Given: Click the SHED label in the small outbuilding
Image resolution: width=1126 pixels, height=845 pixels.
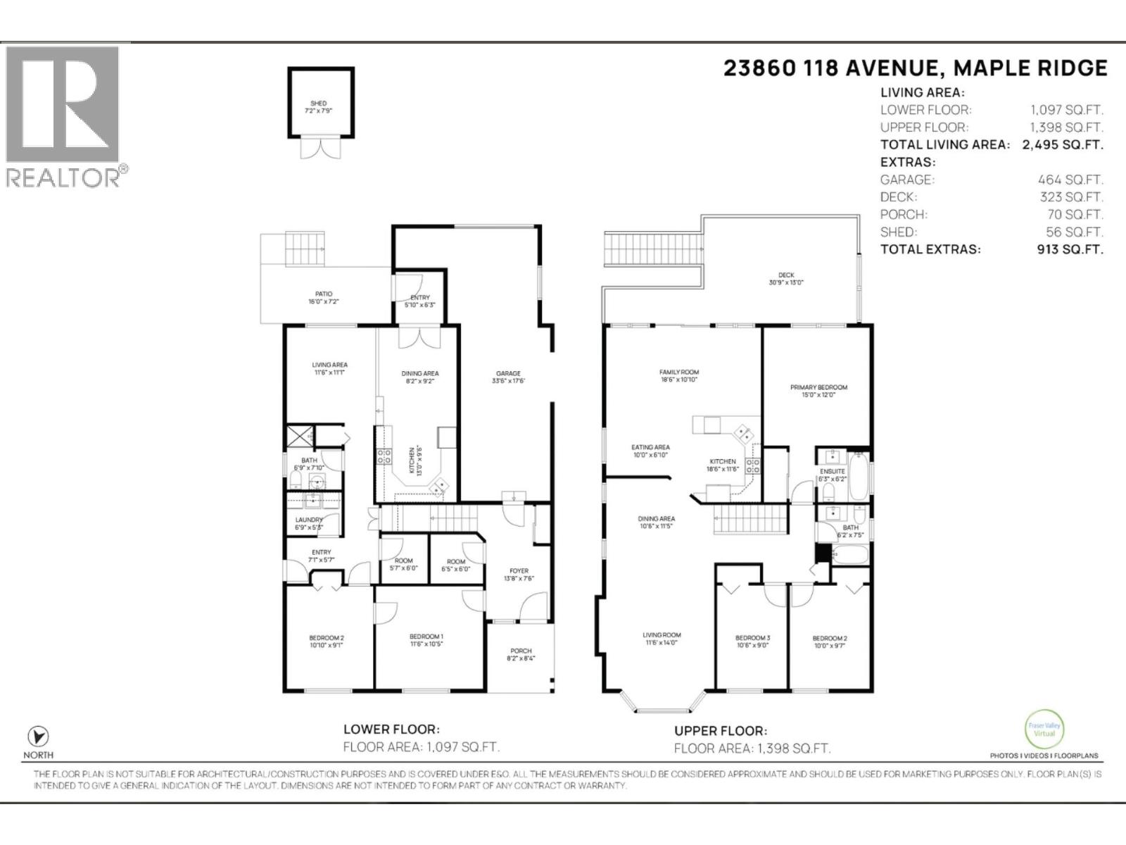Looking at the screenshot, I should tap(318, 104).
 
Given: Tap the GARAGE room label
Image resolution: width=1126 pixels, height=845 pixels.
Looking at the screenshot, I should tap(509, 374).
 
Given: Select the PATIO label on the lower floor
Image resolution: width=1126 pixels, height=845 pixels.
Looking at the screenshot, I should tap(324, 294).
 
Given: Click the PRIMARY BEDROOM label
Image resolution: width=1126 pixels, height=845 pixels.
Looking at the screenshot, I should tap(818, 387).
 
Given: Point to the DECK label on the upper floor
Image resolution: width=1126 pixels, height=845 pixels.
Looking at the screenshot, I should tap(786, 275).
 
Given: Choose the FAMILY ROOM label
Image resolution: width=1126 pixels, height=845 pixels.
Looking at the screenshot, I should tap(679, 373).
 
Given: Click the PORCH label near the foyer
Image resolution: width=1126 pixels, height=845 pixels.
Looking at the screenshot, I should tap(521, 651).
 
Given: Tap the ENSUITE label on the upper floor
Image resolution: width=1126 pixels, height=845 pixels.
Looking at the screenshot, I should tap(832, 471).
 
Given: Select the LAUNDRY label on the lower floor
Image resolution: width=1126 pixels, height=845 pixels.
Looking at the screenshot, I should tap(309, 520).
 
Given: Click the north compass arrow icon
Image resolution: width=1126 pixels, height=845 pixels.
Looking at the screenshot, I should tap(38, 737).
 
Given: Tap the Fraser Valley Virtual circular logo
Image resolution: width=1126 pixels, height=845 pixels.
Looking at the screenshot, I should tap(1044, 730).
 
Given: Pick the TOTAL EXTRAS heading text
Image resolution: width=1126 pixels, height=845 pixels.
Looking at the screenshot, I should tap(930, 249).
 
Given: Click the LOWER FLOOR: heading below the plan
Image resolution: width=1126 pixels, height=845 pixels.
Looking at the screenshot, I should tap(391, 730).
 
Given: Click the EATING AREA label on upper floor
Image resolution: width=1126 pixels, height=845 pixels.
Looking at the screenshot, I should tap(650, 447).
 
